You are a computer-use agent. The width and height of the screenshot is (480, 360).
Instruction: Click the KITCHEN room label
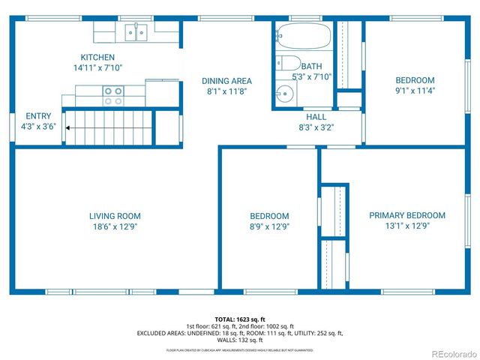coord(97,57)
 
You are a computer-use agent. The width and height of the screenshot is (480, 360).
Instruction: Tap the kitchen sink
coord(136,32)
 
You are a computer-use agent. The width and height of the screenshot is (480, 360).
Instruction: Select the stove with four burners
coord(113,96)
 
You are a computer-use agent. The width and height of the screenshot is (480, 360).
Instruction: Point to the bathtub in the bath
coord(303,35)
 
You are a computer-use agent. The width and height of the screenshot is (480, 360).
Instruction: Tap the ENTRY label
coord(38,116)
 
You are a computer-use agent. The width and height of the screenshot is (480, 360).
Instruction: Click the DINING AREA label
coord(226,80)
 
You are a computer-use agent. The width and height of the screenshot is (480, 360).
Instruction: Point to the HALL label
coord(316,117)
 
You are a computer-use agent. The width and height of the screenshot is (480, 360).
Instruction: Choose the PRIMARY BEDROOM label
coord(406,215)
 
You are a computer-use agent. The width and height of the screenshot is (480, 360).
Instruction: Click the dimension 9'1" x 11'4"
coord(415,90)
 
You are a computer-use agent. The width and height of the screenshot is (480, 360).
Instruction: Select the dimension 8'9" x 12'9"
coord(269,226)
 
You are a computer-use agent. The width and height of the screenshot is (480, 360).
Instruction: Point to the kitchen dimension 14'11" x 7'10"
coord(97,67)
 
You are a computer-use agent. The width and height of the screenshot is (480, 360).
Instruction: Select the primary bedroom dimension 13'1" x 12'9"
coord(406,226)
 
